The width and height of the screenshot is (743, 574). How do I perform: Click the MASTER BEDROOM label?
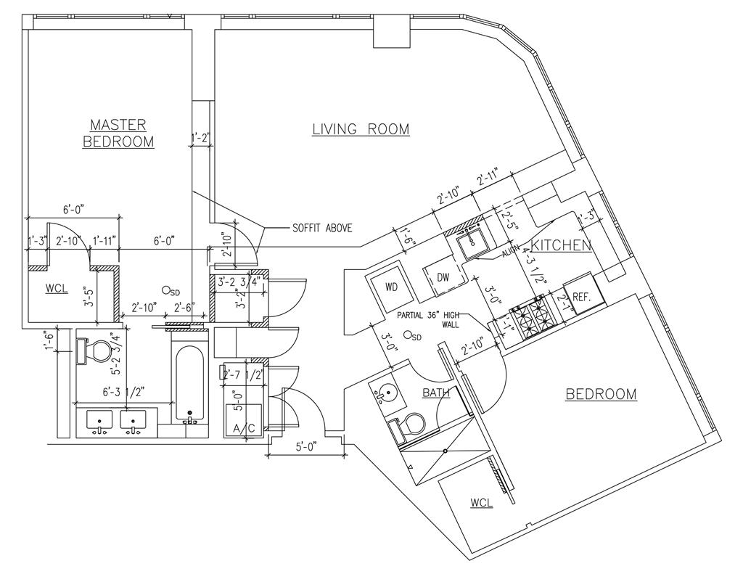tap(118, 133)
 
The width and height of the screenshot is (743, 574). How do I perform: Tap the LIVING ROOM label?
tap(361, 129)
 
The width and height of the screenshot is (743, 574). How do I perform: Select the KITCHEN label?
tap(561, 245)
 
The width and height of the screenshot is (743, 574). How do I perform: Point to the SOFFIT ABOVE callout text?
tap(322, 228)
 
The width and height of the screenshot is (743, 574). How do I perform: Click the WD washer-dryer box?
tap(392, 287)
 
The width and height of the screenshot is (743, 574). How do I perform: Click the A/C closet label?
tap(243, 428)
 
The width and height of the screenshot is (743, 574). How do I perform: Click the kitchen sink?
tap(474, 242)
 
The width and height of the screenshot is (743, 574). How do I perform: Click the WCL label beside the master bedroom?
tap(57, 288)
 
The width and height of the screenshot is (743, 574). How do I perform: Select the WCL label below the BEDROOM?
tap(481, 503)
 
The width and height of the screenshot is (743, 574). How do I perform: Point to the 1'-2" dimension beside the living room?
tap(201, 137)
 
